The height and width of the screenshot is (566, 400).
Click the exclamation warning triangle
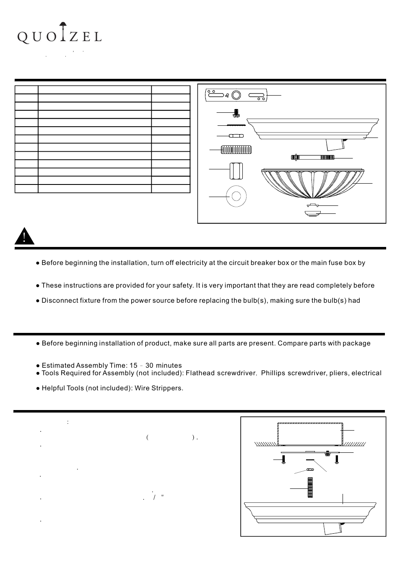click(x=24, y=236)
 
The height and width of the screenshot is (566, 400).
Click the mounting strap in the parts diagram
click(x=236, y=95)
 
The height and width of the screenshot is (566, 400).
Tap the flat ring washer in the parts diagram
click(x=236, y=196)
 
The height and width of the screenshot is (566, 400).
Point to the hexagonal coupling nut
click(x=236, y=171)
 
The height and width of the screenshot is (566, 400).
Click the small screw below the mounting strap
click(x=236, y=113)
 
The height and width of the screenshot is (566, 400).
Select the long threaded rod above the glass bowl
click(x=312, y=157)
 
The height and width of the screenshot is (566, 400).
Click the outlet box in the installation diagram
click(x=310, y=434)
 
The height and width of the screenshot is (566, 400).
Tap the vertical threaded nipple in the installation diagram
click(x=310, y=487)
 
